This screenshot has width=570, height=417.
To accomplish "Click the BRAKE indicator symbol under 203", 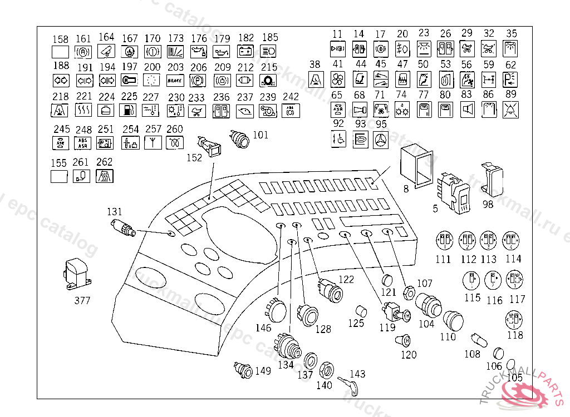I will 175,81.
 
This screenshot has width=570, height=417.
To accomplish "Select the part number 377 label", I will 82,301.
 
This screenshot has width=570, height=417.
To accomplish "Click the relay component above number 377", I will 75,274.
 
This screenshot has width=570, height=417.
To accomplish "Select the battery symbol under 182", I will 245,52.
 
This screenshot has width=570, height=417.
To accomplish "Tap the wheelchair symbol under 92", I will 338,139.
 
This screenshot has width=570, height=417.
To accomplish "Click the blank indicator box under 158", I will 60,52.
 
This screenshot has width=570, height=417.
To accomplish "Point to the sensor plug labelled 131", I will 122,227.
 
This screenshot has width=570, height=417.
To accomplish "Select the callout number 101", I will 261,135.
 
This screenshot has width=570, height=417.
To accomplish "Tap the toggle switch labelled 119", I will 393,311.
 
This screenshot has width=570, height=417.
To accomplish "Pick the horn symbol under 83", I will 467,110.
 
